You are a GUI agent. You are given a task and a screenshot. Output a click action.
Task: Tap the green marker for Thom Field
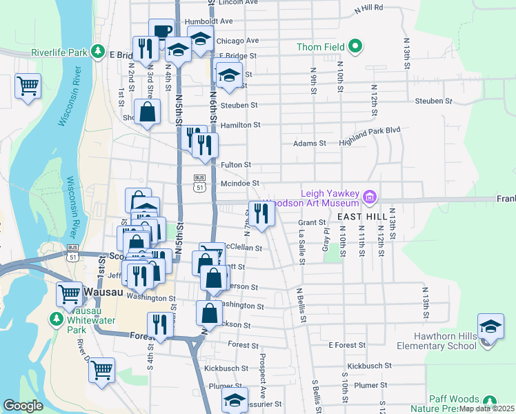coord(355,47)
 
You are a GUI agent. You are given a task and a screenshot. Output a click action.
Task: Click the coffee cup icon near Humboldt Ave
coord(161,31)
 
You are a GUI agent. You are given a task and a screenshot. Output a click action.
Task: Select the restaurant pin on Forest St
coord(160,324)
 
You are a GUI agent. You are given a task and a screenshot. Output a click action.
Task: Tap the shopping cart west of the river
coord(28,86)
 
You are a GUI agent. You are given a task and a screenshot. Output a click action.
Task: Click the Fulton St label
coord(236,165)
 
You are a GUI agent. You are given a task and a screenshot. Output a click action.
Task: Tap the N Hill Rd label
coord(368,8)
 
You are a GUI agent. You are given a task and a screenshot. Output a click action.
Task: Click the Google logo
coord(23,406)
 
